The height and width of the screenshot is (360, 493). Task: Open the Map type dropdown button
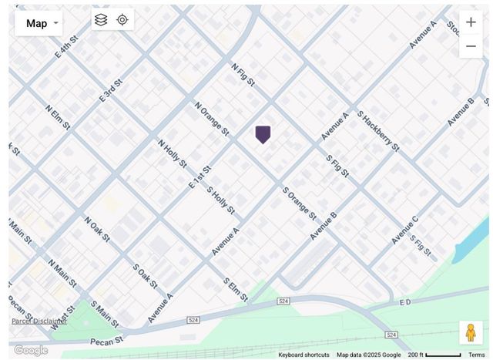[39, 23]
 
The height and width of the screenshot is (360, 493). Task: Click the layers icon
[101, 20]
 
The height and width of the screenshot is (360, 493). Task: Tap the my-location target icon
[122, 20]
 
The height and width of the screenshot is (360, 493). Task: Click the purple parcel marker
[263, 135]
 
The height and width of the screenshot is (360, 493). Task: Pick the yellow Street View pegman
[471, 332]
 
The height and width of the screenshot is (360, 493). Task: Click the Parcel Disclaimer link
[39, 321]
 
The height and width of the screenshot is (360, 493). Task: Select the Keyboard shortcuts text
[304, 355]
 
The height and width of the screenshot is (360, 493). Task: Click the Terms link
[477, 355]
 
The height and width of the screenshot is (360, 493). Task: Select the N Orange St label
[212, 119]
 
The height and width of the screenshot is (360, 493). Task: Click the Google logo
[31, 350]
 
